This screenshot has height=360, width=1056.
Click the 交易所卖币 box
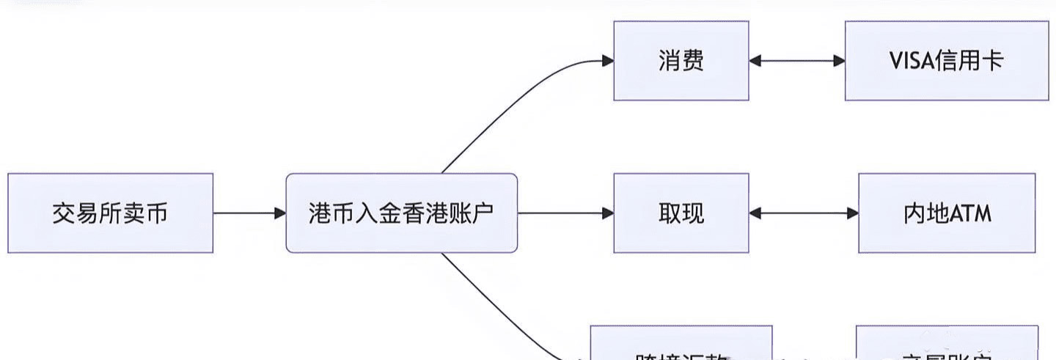tap(110, 213)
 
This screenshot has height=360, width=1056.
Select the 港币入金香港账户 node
tap(401, 213)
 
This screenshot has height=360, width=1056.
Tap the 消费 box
tap(681, 60)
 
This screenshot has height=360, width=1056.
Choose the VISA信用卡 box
tap(946, 60)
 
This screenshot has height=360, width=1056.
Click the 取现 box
tap(681, 213)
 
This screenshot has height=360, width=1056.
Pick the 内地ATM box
tap(947, 213)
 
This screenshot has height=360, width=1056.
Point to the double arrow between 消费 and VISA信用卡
tap(796, 61)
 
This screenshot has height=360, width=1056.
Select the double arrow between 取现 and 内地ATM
tap(803, 213)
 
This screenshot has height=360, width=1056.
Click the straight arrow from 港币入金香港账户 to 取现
tap(565, 213)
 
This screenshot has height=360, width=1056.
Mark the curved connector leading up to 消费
tap(513, 103)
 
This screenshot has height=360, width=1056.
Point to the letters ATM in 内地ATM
tap(971, 214)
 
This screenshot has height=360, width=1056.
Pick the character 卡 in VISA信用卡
tap(991, 61)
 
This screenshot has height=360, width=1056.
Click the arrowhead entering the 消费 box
tap(608, 61)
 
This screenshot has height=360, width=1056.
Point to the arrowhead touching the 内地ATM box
tap(853, 213)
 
